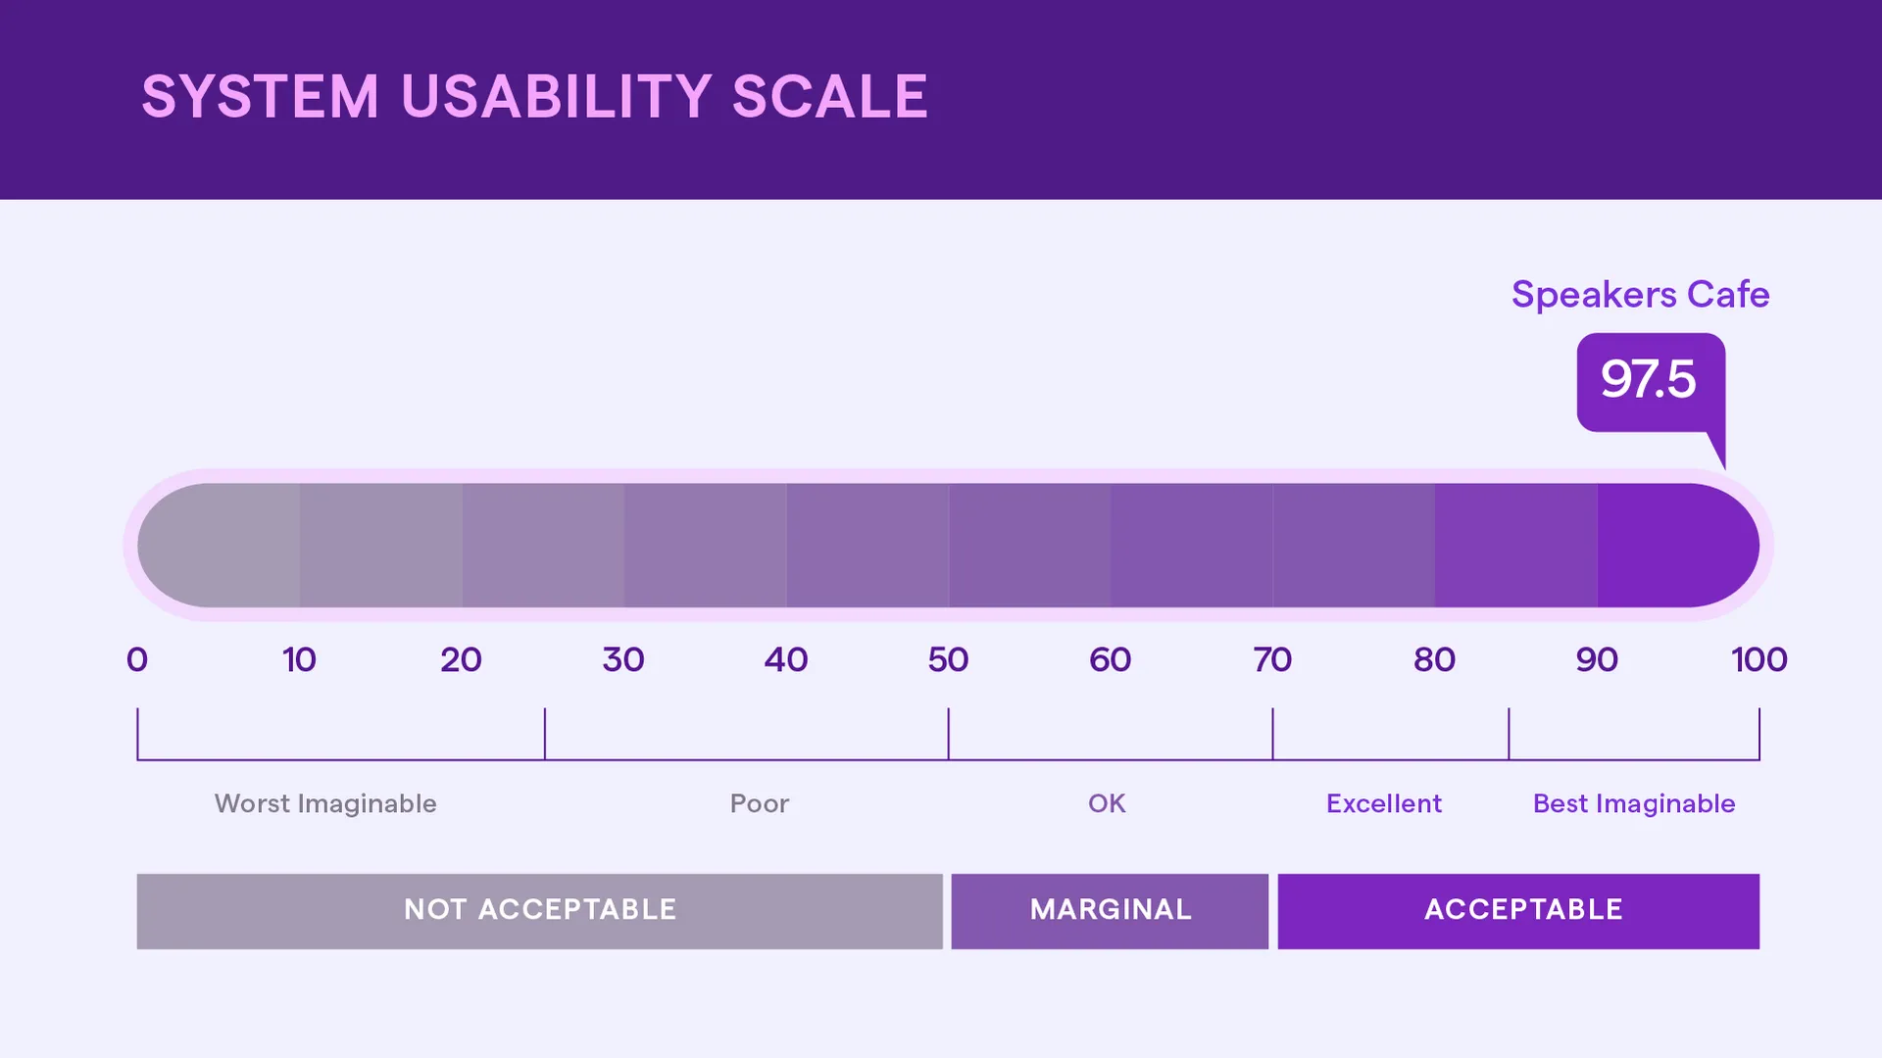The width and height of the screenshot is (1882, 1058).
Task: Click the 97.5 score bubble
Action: pos(1650,380)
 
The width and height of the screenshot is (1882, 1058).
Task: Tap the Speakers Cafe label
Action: pos(1640,295)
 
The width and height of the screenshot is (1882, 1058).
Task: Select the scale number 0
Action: pos(137,659)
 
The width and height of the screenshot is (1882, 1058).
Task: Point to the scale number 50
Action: pos(948,659)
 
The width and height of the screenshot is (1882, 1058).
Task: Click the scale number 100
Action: pos(1758,659)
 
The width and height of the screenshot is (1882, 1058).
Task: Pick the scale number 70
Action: pos(1272,659)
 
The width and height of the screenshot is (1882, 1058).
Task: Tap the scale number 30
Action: pos(623,659)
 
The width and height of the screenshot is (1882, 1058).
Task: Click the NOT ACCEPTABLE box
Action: pos(539,910)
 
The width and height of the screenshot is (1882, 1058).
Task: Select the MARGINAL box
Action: pos(1110,910)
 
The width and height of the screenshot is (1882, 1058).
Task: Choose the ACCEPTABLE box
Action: pos(1518,910)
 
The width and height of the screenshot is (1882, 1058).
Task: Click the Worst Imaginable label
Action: pos(325,803)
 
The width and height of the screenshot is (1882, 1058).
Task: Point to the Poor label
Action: pos(759,803)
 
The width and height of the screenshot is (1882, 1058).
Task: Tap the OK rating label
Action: pos(1107,803)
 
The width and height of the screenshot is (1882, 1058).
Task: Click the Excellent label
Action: pos(1383,803)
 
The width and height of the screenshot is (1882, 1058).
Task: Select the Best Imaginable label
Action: pos(1634,803)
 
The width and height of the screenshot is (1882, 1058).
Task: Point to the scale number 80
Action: pos(1434,659)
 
